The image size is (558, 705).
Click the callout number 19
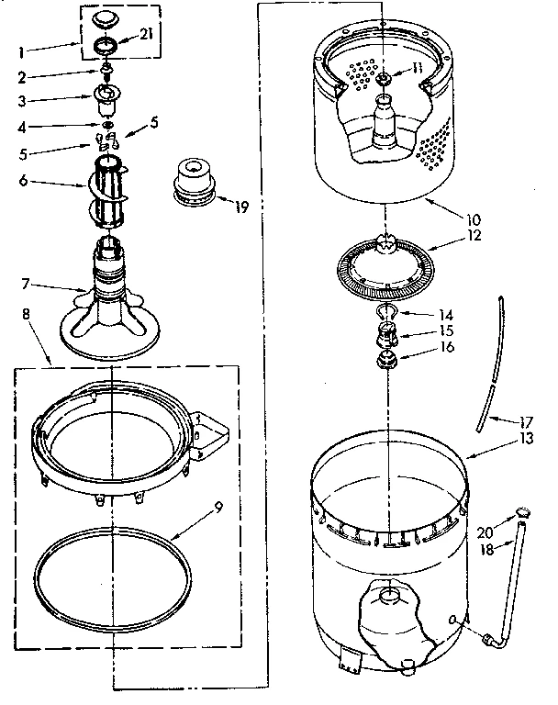coord(241,207)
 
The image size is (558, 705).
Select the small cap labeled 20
coord(524,510)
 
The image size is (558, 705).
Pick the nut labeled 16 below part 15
coord(385,358)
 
